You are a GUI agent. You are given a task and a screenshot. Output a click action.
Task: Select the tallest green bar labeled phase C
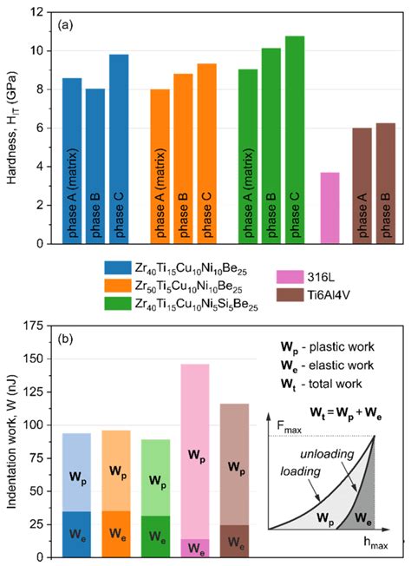click(295, 139)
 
